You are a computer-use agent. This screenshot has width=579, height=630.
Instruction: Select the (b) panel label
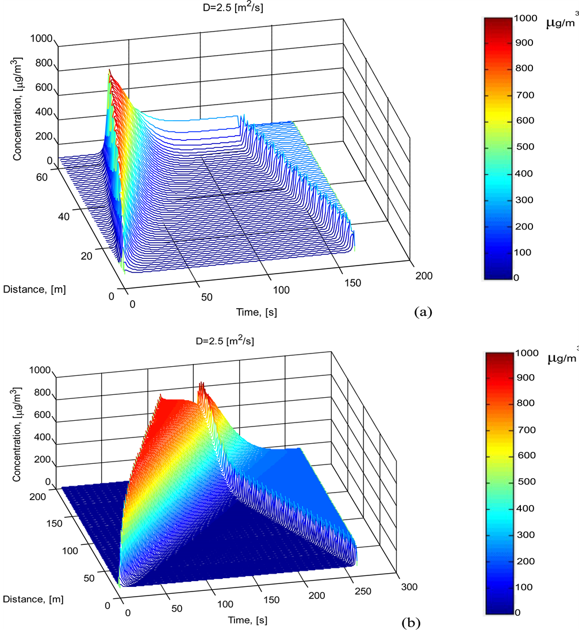pyautogui.click(x=412, y=622)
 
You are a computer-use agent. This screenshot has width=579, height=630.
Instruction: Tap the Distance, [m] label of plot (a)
pyautogui.click(x=34, y=289)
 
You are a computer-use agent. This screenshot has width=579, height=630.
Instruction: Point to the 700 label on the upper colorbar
pyautogui.click(x=524, y=94)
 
